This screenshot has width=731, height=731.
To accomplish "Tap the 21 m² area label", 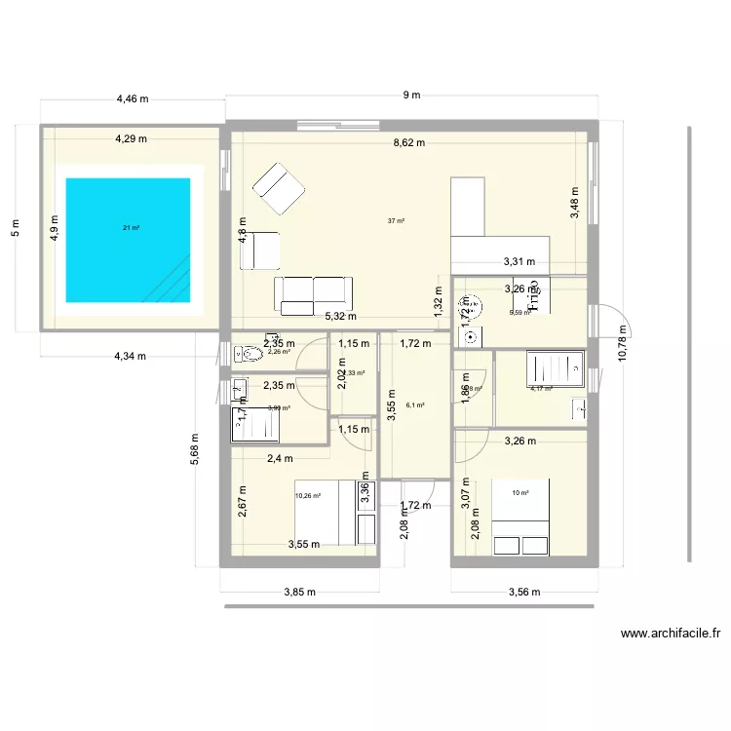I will (x=130, y=228).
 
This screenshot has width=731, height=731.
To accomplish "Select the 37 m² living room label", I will (x=395, y=221).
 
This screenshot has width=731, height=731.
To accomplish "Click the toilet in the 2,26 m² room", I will (x=249, y=354).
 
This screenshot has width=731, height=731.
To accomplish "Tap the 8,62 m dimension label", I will (x=408, y=142).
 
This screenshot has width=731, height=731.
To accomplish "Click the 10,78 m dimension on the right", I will (x=625, y=341).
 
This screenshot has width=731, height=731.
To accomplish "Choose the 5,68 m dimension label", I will (x=195, y=449).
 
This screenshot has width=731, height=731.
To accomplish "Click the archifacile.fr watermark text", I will (x=671, y=634).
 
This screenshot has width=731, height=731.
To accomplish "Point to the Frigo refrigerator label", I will (x=532, y=296).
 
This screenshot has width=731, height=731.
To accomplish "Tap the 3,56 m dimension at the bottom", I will (x=523, y=591).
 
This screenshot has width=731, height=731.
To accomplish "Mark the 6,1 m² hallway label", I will (x=414, y=404).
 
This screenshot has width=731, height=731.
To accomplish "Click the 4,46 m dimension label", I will (x=133, y=98).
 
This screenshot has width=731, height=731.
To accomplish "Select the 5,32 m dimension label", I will (x=340, y=316).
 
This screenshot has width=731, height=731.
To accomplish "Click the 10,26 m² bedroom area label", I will (x=309, y=495).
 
